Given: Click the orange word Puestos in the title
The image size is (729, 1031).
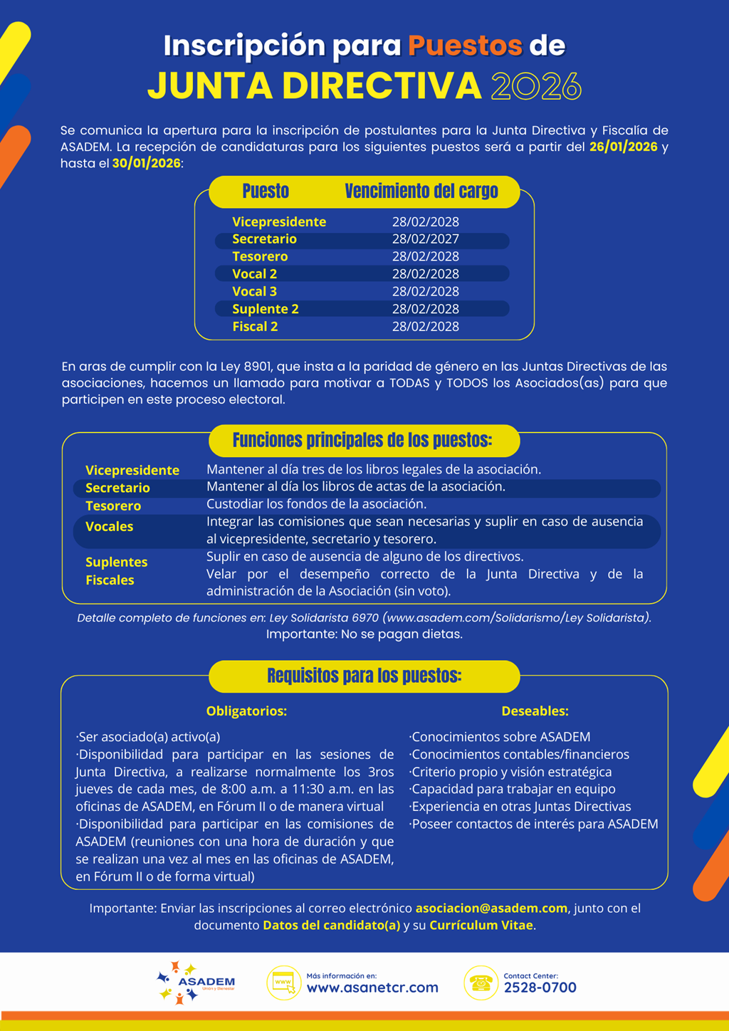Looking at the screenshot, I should point(465,46).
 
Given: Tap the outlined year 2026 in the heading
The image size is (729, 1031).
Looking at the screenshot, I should point(536,86).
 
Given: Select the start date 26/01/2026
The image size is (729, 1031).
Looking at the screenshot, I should point(623,147).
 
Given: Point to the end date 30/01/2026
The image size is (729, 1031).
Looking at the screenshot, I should point(146,164).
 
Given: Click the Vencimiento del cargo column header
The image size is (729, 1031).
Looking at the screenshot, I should point(421,192).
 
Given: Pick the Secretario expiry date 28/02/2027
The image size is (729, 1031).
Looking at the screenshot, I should point(425,239).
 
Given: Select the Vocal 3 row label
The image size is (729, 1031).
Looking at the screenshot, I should point(254,292).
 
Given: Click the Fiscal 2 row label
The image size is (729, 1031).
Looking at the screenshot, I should point(255,327).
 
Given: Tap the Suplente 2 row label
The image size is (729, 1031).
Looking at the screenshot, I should point(265,309).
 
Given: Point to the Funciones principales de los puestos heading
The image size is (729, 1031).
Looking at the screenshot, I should point(362,441).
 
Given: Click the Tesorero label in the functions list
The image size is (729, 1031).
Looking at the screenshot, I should point(113,506).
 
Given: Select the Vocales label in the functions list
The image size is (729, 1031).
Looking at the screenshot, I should point(109,527).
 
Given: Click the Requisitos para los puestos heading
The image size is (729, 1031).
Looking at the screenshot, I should point(364,676).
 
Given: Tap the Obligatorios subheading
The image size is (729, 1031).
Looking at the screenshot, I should point(246,711).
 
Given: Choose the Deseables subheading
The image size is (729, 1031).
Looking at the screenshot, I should point(535,711).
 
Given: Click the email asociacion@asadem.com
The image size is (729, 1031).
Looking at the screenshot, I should point(491,909).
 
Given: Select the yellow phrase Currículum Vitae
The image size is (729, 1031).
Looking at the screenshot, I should point(481,926).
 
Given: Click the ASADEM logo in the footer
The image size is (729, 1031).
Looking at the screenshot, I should point(195,983).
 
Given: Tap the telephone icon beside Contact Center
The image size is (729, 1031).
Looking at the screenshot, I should point(481,983).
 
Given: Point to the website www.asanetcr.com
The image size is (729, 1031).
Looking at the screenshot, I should point(372,988).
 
